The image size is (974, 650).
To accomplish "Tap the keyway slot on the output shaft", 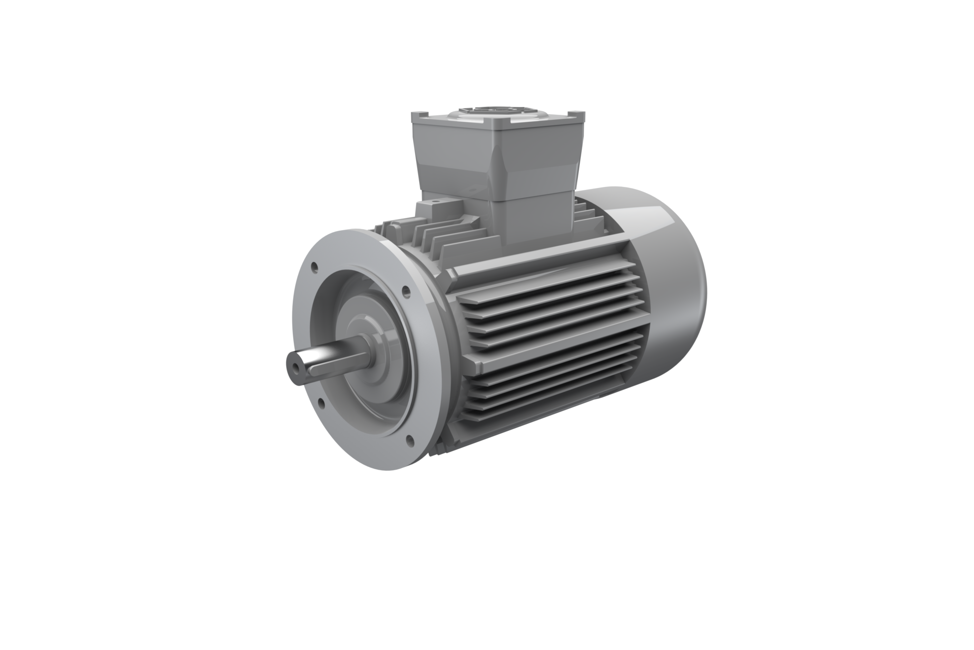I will coord(325,358).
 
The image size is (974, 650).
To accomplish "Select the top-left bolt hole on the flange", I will coord(315,266).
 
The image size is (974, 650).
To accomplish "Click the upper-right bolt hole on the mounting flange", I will coord(405,291).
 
